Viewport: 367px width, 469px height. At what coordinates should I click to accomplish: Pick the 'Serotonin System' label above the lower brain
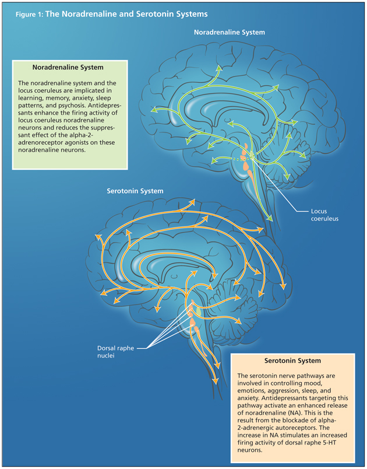click(x=135, y=191)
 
